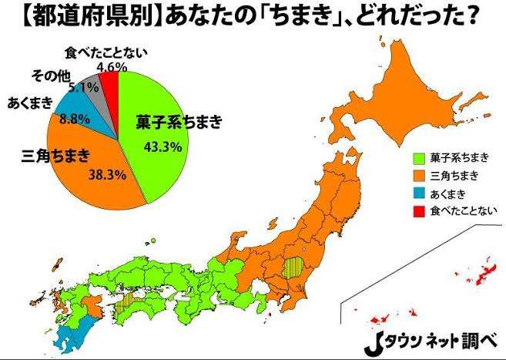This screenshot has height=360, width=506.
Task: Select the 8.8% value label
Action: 72,119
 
